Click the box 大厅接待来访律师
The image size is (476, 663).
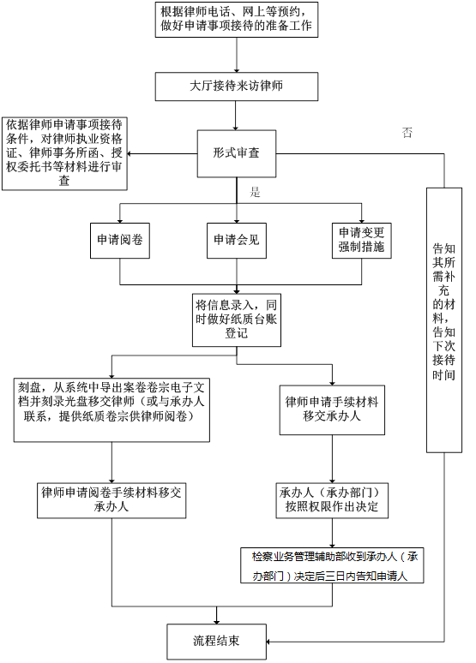pos(237,87)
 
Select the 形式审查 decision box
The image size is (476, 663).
pos(237,153)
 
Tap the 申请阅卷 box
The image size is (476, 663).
pos(120,241)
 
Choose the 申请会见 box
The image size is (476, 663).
pos(237,241)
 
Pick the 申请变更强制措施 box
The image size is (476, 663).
pos(361,241)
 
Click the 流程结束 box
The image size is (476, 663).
pos(216,642)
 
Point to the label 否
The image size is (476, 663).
pos(407,133)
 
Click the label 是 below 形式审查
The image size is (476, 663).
pos(255,192)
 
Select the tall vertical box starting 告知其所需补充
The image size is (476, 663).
pos(443,320)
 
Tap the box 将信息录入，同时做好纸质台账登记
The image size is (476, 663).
pos(237,320)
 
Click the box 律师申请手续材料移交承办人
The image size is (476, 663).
pos(332,409)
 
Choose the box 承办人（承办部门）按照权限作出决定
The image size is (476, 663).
pos(332,500)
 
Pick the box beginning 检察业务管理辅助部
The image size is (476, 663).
pos(332,565)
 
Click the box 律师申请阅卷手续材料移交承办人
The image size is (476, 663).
pos(111,500)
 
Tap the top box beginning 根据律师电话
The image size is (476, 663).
pos(237,20)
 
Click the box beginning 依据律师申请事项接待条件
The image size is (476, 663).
pos(64,154)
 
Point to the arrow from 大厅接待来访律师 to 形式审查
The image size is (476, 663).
pos(236,116)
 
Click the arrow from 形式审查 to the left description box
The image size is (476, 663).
pos(162,153)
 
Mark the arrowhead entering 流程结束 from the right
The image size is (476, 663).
pos(268,642)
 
